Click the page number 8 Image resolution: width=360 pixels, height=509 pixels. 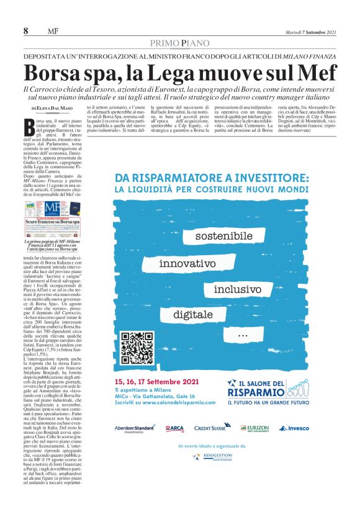click(26, 32)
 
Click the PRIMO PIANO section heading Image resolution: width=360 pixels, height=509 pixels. click(180, 43)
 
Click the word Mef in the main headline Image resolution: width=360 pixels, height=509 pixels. click(316, 73)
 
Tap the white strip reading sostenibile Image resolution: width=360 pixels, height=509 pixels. click(224, 236)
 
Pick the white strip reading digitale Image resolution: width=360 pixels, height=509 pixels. click(197, 315)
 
